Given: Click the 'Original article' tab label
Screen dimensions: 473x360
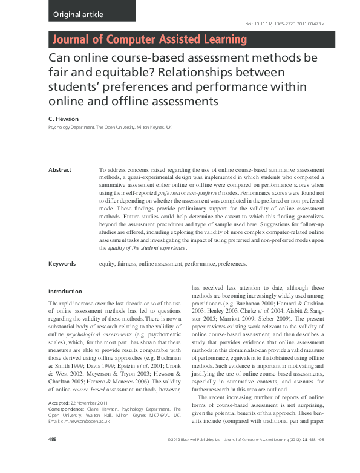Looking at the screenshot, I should tap(78, 14).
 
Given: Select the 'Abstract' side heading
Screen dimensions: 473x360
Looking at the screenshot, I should tap(60, 170).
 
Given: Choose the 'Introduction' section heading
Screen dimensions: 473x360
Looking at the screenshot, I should tap(65, 292).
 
